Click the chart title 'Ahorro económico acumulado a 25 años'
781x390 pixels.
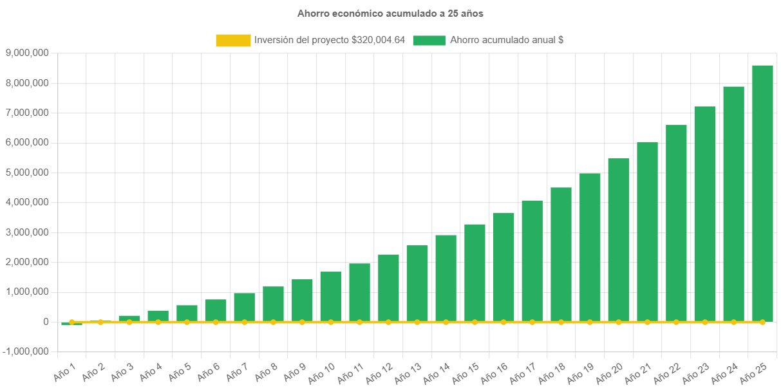[x=390, y=13]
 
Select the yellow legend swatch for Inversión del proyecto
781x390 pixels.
[x=233, y=41]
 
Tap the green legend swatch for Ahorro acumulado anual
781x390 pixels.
[x=429, y=41]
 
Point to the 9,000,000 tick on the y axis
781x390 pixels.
[x=26, y=53]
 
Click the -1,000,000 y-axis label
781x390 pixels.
[x=25, y=351]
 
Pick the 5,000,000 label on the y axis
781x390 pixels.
[x=26, y=172]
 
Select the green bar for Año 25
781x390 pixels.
[x=762, y=193]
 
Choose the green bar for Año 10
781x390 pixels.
[x=331, y=296]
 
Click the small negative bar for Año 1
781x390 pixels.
[x=71, y=324]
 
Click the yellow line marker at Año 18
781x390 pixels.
[x=561, y=322]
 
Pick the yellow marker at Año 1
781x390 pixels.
[x=71, y=322]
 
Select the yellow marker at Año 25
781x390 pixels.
[x=762, y=322]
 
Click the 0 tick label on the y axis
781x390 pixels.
[x=46, y=322]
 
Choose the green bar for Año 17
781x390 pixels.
[x=532, y=261]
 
